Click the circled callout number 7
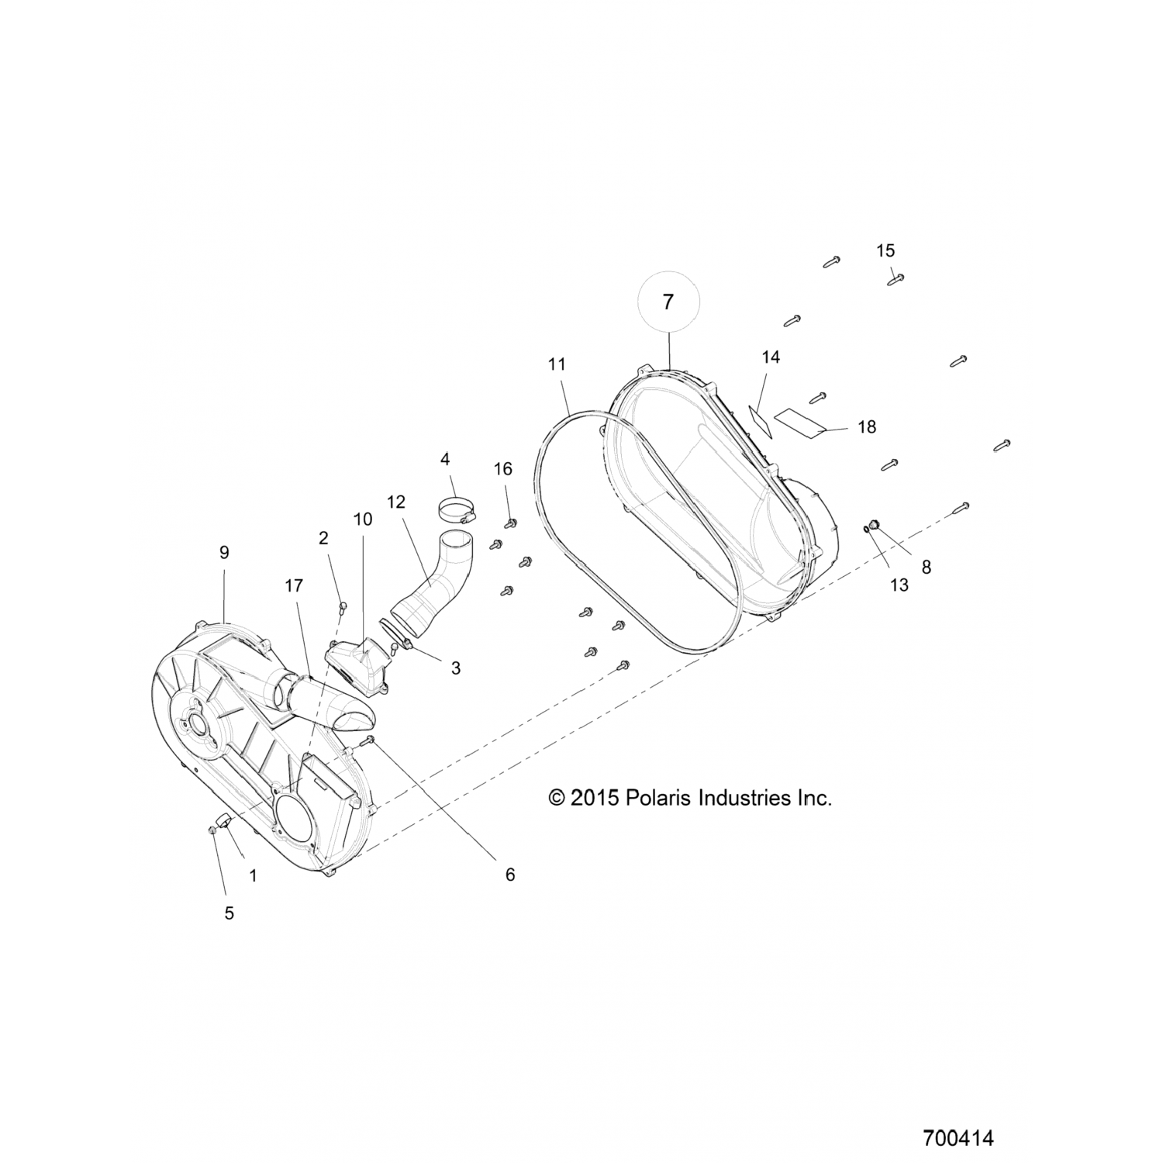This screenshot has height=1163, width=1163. click(668, 302)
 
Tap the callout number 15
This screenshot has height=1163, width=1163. click(885, 250)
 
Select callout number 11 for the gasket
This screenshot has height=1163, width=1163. click(557, 364)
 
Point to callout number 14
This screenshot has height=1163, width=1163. click(770, 357)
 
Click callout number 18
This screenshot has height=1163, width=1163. click(867, 426)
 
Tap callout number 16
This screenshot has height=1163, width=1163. click(503, 468)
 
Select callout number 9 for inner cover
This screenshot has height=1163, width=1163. click(224, 553)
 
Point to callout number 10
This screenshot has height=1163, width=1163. click(363, 519)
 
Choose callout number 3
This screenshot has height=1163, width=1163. click(456, 668)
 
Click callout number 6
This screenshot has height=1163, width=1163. click(509, 875)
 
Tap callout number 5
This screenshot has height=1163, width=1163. click(229, 913)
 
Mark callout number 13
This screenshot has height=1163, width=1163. click(899, 585)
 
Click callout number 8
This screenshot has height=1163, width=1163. click(926, 567)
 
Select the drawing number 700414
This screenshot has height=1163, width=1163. click(958, 1139)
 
